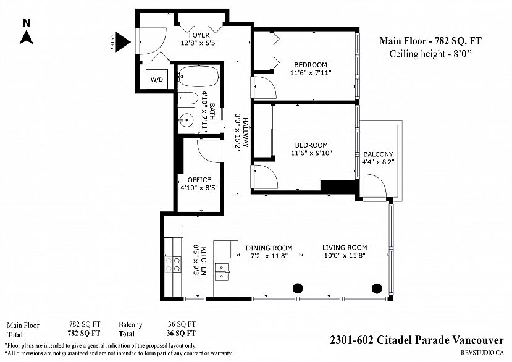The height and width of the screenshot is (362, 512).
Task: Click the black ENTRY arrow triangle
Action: point(123,42)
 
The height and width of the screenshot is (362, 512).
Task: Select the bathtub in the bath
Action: point(199,77)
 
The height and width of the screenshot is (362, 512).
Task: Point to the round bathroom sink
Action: point(186,120)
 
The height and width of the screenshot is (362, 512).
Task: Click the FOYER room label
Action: point(199,35)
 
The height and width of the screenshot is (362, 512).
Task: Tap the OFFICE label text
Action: point(199,180)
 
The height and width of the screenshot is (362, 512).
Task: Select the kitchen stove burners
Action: point(173,264)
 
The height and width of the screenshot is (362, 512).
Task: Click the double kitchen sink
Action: point(223,272)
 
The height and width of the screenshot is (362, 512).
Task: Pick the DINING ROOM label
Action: point(269,248)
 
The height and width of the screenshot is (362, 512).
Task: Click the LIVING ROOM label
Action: point(345,248)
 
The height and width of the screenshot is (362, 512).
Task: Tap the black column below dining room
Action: point(298,288)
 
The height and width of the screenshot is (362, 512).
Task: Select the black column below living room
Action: point(377,288)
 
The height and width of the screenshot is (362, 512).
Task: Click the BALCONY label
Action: point(378,154)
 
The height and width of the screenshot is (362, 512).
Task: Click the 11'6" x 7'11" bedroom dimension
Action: point(311,72)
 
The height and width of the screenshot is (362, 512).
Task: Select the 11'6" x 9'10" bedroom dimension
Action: point(311,153)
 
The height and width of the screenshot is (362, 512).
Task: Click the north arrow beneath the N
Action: point(26,37)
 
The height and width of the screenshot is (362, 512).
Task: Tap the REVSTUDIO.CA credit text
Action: point(482,352)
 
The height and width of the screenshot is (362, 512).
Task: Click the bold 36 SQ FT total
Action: point(181,333)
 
